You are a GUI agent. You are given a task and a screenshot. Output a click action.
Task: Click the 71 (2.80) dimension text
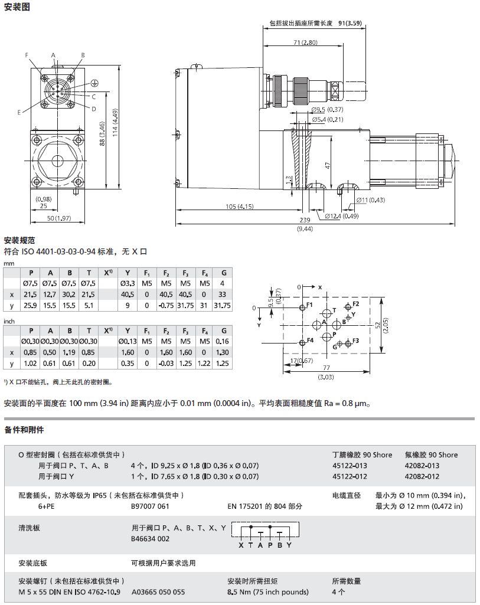point(304,42)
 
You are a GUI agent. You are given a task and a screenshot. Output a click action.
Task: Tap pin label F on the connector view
point(27,55)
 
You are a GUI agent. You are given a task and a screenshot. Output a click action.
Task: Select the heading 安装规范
point(19,240)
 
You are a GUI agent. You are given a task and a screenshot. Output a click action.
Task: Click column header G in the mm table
point(223,273)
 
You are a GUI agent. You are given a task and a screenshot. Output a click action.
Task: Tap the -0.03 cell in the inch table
point(166,363)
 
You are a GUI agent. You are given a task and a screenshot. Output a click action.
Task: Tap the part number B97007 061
point(150,506)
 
